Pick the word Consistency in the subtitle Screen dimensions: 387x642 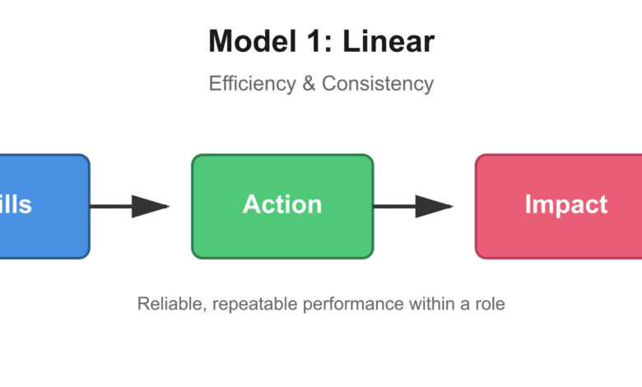[x=378, y=84]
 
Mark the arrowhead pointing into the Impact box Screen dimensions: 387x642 [x=434, y=206]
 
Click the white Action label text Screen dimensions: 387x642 [x=282, y=205]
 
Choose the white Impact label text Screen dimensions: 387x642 [x=566, y=205]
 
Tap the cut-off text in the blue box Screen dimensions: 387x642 [x=16, y=205]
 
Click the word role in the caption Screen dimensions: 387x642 [x=490, y=304]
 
